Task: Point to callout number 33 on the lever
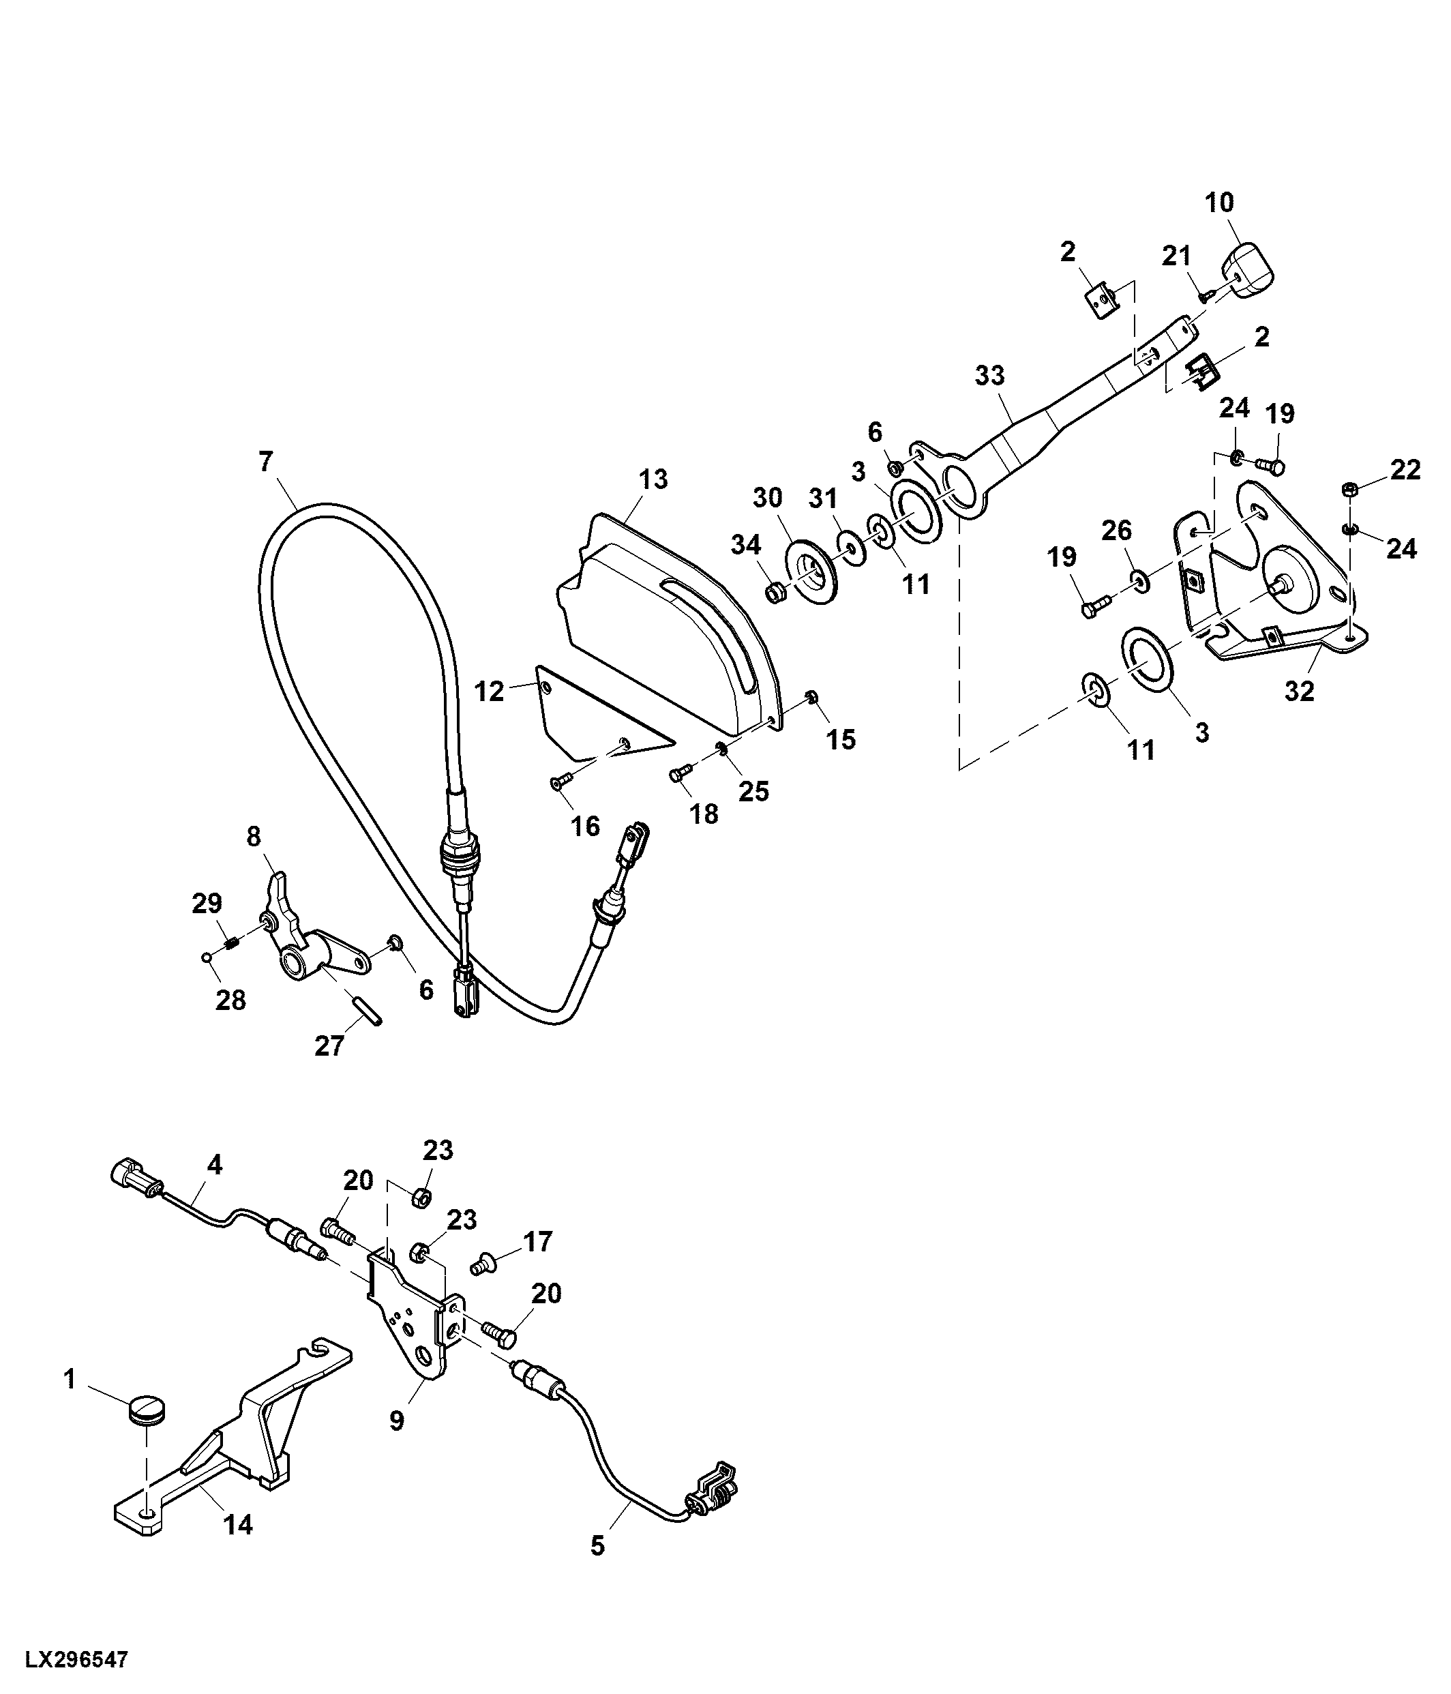990,376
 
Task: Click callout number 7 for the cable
266,462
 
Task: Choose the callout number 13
654,479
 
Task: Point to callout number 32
1299,692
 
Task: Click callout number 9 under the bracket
396,1443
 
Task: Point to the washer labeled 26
1139,581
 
